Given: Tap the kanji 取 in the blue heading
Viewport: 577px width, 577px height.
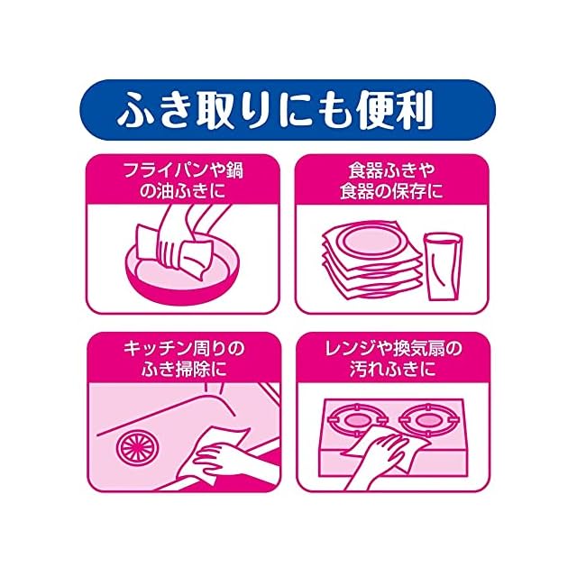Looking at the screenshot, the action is point(216,110).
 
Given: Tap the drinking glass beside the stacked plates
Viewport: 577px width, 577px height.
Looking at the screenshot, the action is point(443,266).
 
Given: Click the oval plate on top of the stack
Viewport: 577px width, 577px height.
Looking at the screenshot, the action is point(372,242).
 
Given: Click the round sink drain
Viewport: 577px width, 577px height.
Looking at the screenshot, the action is point(134,445).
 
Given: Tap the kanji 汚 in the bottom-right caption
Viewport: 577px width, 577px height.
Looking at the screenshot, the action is point(358,370).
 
